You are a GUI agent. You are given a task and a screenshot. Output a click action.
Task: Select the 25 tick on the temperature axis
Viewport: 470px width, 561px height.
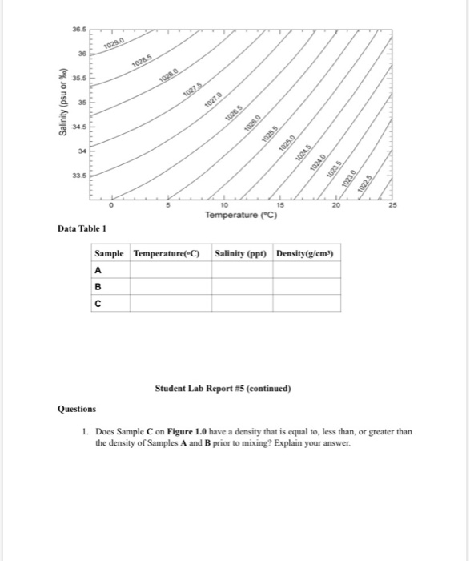click(391, 206)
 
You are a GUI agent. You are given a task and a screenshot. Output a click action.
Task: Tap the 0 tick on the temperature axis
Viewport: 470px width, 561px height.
click(113, 206)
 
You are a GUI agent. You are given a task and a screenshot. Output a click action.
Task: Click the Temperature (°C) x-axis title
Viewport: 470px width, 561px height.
click(240, 216)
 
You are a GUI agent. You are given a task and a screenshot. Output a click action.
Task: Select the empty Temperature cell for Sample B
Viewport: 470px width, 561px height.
click(170, 287)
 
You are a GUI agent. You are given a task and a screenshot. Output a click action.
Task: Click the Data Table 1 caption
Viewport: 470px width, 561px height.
click(82, 230)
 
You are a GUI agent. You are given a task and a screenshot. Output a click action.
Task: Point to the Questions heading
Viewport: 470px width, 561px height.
click(77, 408)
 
